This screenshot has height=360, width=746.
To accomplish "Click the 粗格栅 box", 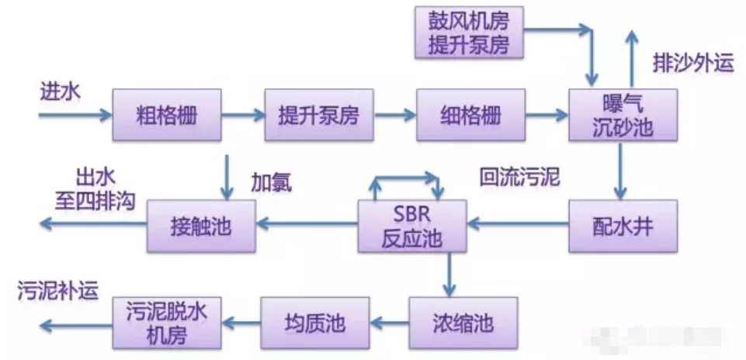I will coord(166,116).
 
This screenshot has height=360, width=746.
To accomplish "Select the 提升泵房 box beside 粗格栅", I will coord(318,116).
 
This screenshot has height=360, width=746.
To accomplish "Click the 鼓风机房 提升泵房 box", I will coord(469,33).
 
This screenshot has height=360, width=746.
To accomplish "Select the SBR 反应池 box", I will coord(411,225).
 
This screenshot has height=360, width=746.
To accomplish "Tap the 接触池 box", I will coord(201,225).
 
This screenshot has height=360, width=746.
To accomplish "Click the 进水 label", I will coord(60,92).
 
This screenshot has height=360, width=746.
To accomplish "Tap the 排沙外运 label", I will coord(693,64).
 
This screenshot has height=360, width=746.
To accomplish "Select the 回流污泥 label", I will coord(519,178).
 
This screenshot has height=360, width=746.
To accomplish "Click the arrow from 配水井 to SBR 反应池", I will coord(517,225).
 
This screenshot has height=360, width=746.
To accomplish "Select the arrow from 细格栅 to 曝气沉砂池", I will coord(546,116).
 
